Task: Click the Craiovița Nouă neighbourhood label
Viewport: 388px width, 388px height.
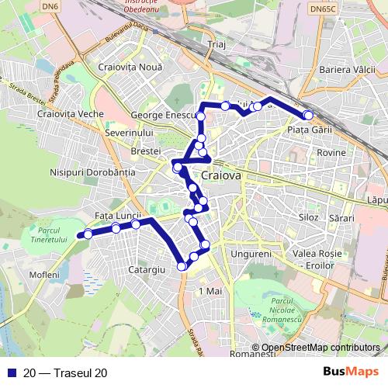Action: tap(131, 68)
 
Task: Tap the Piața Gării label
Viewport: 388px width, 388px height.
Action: tap(310, 130)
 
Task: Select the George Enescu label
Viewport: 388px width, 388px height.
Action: tap(161, 115)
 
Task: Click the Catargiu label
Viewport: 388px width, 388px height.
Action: tap(147, 270)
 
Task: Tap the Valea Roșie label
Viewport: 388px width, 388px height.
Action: tap(317, 254)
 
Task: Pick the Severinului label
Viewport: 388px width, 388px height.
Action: tap(126, 133)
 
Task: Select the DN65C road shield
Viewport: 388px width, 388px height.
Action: tap(322, 8)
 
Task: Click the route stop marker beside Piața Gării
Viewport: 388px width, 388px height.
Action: tap(308, 115)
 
